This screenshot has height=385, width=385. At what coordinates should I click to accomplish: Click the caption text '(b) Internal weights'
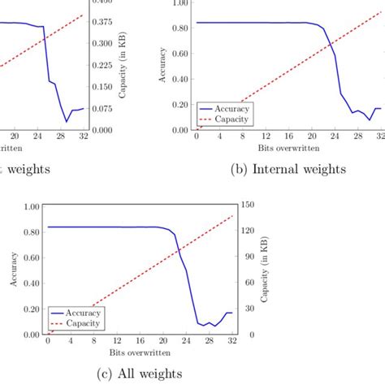pos(289,169)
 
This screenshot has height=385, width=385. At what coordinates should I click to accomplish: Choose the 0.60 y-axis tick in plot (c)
pos(32,257)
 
